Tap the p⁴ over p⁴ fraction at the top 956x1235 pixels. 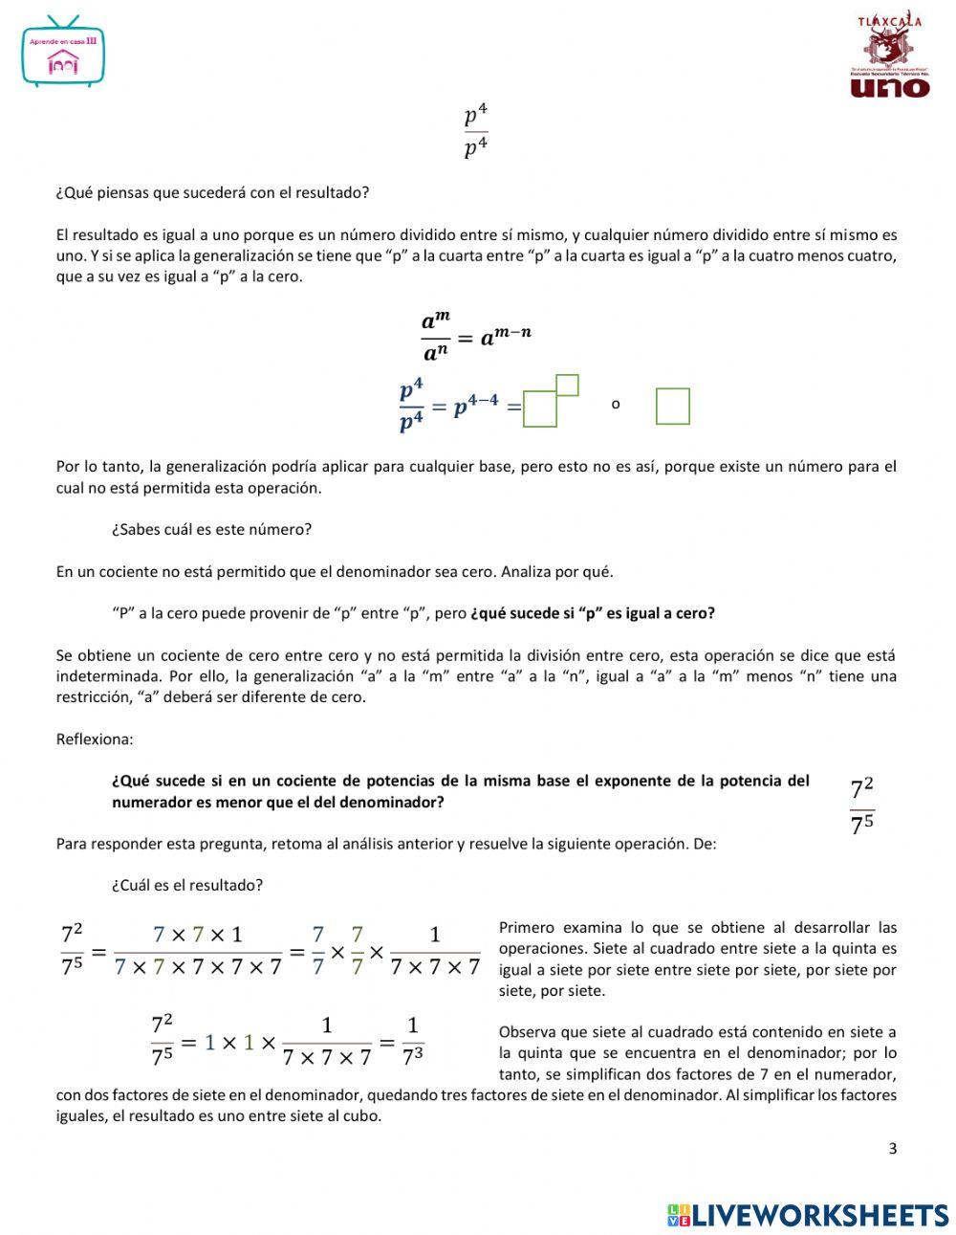coord(476,133)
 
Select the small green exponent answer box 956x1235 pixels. coord(567,385)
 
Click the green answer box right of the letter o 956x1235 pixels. coord(672,406)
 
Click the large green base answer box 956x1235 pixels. coord(540,409)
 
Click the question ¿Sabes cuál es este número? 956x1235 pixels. coord(211,529)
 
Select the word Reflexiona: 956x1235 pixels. coord(95,739)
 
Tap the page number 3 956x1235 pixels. coord(893,1149)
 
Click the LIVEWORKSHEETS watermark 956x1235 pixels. coord(808,1215)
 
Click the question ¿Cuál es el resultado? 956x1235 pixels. coord(186,885)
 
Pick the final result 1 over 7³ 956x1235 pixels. coord(412,1041)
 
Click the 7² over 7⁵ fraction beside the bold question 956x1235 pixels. coord(861,806)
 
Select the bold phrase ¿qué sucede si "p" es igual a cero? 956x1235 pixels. coord(592,613)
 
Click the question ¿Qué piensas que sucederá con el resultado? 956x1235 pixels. coord(212,192)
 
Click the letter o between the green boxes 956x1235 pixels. coord(616,405)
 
